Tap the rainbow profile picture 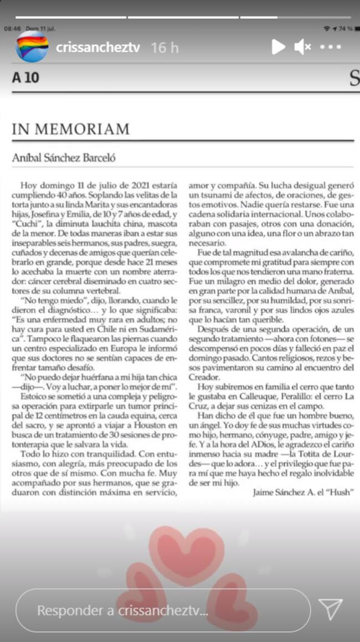(32, 47)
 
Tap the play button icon (278, 47)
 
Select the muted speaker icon (302, 47)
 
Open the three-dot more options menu (331, 47)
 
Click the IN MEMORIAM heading (71, 130)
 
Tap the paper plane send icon (331, 609)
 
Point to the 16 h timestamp (164, 48)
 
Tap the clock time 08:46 (12, 28)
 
